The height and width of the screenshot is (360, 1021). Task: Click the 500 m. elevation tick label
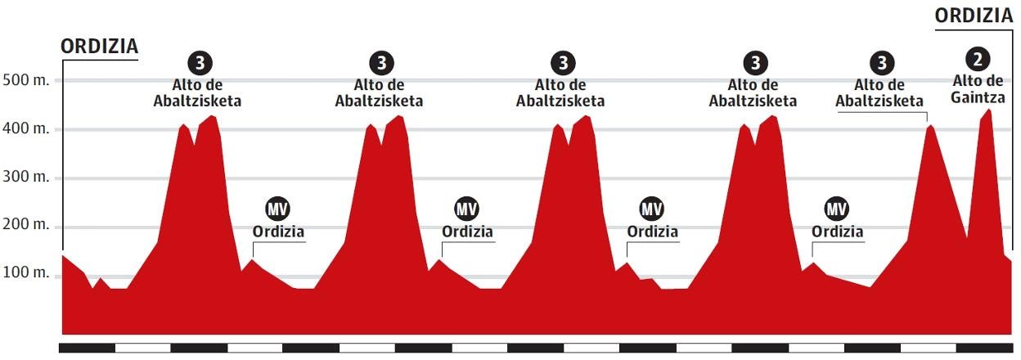click(x=26, y=81)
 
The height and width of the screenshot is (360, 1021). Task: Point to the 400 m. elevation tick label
click(x=26, y=129)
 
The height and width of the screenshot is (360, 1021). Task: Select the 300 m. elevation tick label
click(x=26, y=178)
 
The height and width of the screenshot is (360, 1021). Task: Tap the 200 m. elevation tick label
click(x=26, y=227)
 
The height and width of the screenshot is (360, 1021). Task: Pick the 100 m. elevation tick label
click(x=26, y=273)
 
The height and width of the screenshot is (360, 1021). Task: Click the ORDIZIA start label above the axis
click(x=100, y=47)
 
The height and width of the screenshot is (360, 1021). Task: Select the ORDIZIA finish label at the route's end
click(x=974, y=16)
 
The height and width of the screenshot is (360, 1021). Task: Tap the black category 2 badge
click(x=978, y=58)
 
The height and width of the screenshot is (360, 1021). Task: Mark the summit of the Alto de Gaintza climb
click(x=988, y=110)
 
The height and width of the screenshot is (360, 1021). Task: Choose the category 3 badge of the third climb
click(x=561, y=62)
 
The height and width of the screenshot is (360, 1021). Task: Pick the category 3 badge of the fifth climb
click(x=880, y=62)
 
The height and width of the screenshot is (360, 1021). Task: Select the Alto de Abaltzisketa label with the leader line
click(x=879, y=92)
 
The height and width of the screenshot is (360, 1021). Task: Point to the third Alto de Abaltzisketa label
click(x=560, y=92)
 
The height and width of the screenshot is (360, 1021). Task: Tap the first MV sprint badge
click(x=278, y=209)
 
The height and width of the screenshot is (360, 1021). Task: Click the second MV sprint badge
click(x=466, y=209)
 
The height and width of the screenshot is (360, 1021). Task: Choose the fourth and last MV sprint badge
click(x=836, y=209)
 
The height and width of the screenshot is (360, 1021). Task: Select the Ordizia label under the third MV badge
click(x=652, y=232)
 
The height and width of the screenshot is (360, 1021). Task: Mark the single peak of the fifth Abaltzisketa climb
click(x=929, y=125)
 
